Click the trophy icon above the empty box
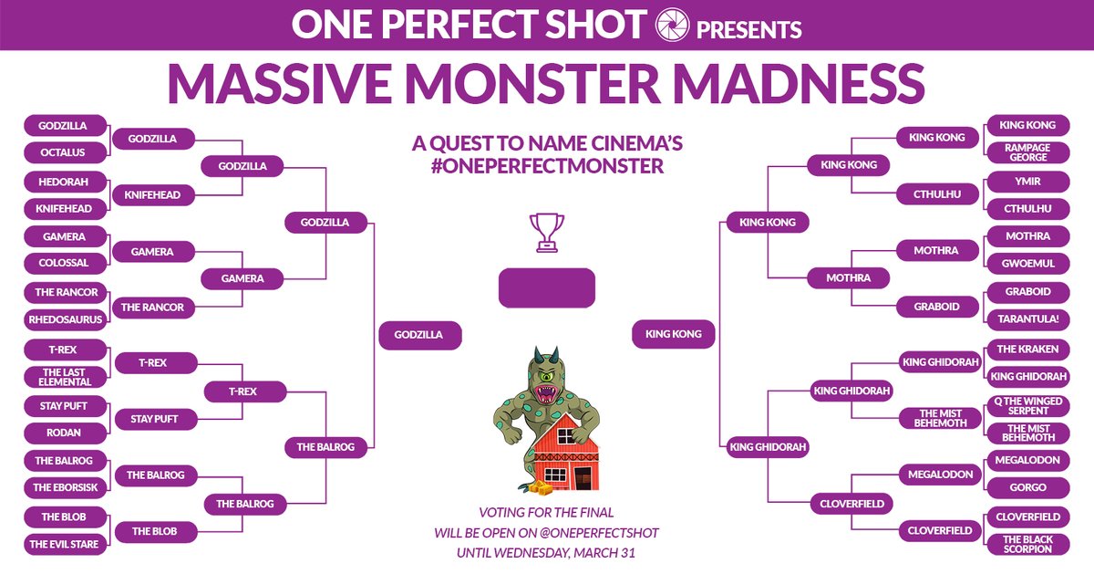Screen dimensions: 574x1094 (x=547, y=232)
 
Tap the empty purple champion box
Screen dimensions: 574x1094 (x=547, y=288)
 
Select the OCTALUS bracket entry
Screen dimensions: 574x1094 (x=64, y=151)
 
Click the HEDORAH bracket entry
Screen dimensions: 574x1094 (x=64, y=181)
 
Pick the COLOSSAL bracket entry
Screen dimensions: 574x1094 (x=64, y=264)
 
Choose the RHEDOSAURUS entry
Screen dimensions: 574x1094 (x=64, y=319)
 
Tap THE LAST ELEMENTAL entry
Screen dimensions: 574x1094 (x=64, y=377)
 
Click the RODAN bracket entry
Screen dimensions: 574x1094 (x=64, y=433)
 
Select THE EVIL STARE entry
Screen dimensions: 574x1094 (x=64, y=545)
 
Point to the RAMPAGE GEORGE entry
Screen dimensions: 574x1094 (x=1028, y=152)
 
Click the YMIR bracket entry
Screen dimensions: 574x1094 (x=1028, y=181)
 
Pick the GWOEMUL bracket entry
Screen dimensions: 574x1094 (x=1028, y=264)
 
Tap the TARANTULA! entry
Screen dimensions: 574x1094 (x=1028, y=319)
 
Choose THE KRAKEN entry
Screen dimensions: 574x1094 (x=1028, y=349)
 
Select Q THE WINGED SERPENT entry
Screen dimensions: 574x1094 (x=1028, y=405)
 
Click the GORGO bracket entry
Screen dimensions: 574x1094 (x=1028, y=487)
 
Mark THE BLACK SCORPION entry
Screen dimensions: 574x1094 (x=1028, y=545)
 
